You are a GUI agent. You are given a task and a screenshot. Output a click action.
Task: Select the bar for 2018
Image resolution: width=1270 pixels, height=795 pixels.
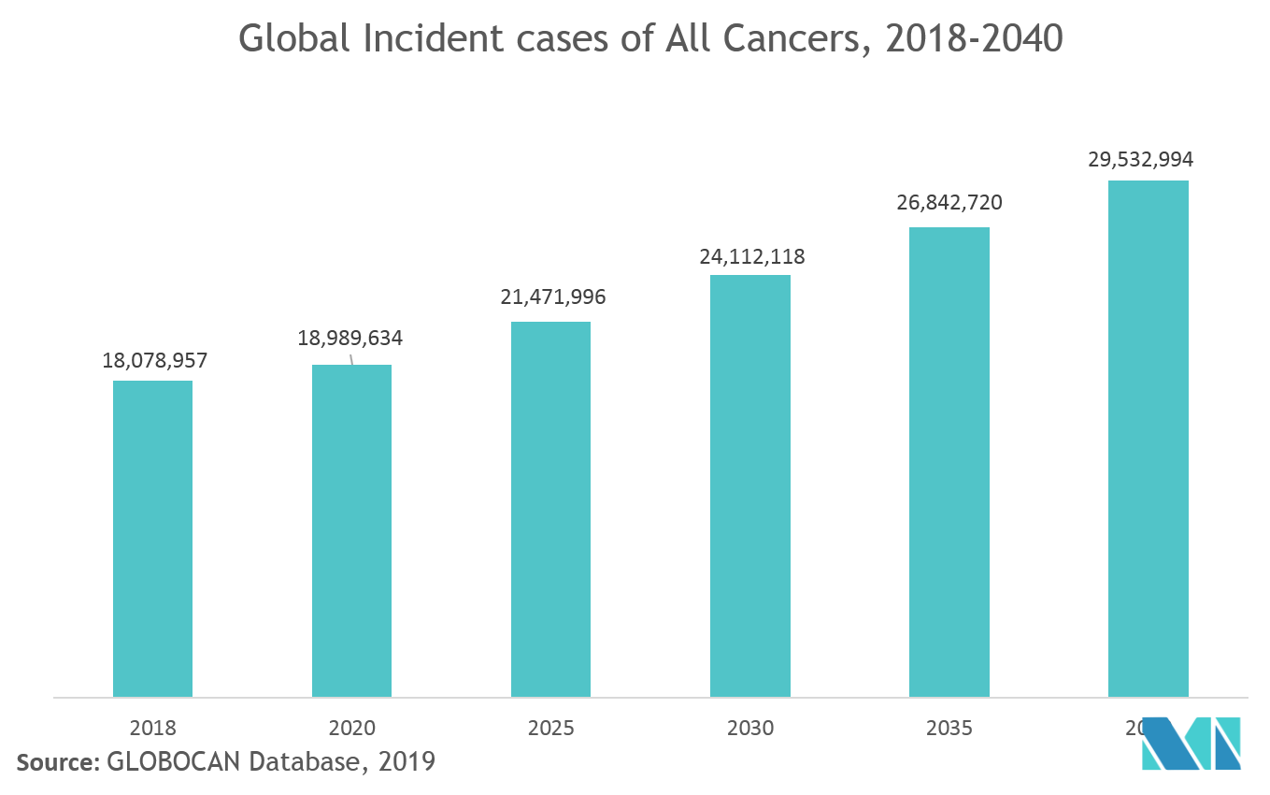[152, 538]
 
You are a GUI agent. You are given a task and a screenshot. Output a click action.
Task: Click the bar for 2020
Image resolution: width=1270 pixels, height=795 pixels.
[351, 530]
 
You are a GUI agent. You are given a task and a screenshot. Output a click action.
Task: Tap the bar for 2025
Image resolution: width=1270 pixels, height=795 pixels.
[550, 509]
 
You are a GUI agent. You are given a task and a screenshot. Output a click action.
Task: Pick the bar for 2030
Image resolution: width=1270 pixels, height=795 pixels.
[750, 485]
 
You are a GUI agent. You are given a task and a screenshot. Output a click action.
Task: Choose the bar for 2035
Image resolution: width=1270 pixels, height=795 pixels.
[949, 462]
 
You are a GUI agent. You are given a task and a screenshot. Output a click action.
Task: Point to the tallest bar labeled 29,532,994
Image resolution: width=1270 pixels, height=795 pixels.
[1149, 439]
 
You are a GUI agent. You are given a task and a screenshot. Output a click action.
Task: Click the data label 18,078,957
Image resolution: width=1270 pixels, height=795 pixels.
[154, 360]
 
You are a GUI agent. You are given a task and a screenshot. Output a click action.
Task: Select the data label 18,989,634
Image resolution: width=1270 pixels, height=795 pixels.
[350, 338]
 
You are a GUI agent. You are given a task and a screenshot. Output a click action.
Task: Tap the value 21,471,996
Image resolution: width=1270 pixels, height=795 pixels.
[553, 297]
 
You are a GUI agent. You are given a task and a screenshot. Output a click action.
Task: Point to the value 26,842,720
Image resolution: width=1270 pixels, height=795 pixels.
[949, 203]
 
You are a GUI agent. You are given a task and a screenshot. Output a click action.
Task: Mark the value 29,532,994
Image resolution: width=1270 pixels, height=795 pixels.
[1140, 160]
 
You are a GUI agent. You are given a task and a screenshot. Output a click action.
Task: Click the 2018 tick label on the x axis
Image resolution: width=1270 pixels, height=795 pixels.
[152, 728]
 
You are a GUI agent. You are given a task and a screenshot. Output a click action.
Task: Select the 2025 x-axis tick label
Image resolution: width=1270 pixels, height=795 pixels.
[551, 728]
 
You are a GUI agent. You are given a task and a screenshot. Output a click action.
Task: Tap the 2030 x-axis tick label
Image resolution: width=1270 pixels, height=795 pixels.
[750, 728]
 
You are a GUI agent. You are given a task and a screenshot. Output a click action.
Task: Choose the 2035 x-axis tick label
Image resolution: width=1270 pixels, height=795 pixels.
[949, 728]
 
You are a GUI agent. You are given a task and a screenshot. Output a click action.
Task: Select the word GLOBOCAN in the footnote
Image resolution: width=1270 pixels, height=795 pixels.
[174, 762]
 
